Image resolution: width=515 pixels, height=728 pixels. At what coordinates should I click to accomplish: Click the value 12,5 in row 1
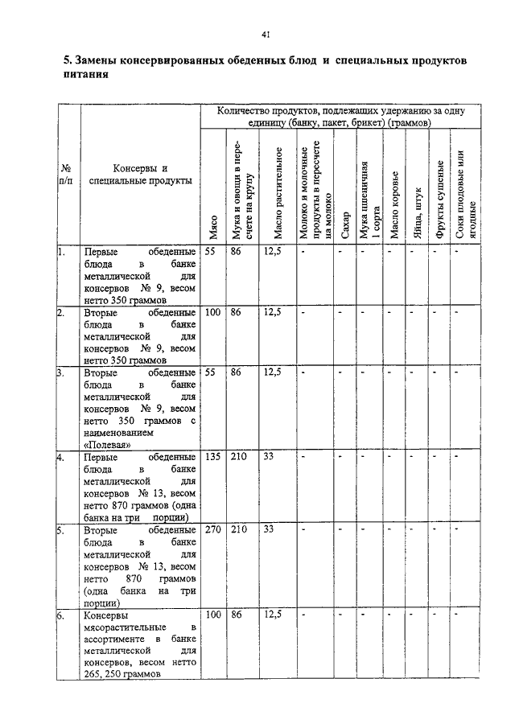[272, 251]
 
